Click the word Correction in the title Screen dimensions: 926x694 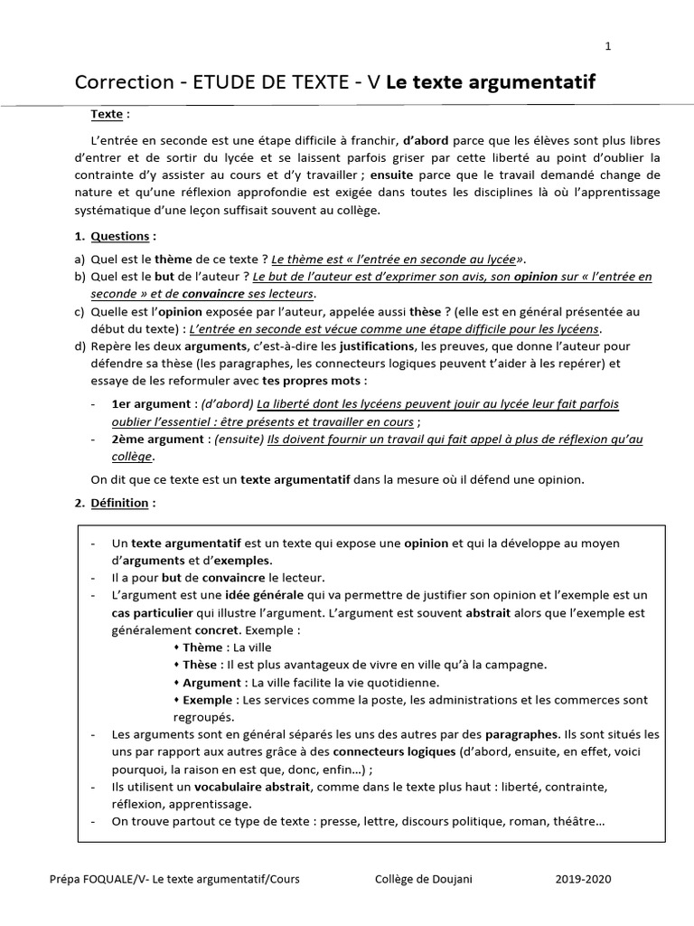coord(122,83)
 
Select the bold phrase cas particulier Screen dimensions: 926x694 coord(154,612)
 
